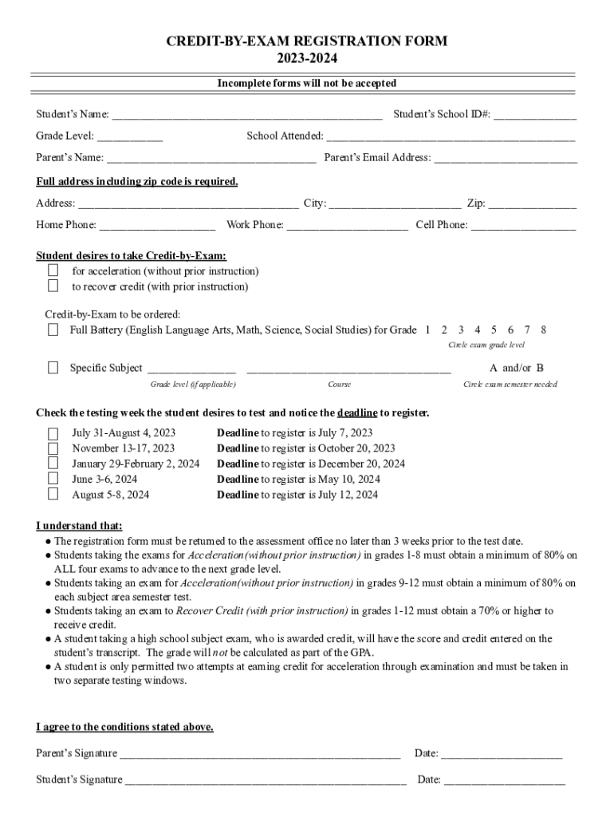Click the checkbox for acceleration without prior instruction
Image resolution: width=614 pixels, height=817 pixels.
53,271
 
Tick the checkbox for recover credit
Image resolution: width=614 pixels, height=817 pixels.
53,286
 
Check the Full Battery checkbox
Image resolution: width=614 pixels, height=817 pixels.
53,330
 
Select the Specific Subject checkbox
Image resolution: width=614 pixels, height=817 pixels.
53,368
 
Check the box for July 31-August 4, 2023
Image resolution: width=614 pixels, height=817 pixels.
53,433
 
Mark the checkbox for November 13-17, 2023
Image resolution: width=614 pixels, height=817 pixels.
53,448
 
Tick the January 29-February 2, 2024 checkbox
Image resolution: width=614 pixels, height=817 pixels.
53,464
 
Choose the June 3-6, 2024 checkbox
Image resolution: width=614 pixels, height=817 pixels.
53,479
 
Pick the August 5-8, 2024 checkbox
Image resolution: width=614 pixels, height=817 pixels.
53,494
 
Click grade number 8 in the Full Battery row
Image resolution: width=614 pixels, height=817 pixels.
543,330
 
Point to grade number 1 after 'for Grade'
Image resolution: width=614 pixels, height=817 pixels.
427,330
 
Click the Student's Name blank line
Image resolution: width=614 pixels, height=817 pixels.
246,116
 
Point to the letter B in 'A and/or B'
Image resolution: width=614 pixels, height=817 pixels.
540,368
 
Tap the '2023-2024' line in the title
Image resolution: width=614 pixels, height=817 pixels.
307,57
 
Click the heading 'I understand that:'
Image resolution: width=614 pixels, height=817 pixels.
79,526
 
